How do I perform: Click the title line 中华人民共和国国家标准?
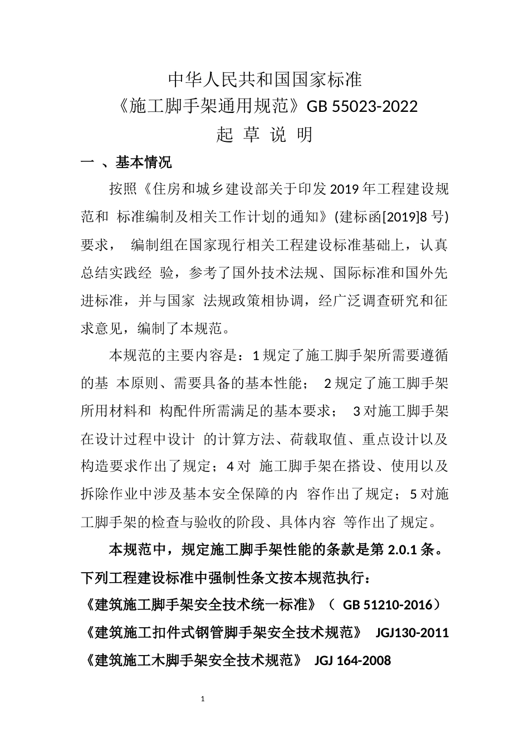264,80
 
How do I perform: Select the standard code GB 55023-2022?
362,106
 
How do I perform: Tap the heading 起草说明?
264,135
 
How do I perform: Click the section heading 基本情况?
143,162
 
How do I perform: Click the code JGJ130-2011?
412,633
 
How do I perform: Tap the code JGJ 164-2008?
352,661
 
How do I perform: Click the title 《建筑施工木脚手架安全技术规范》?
194,661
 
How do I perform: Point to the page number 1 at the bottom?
203,698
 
